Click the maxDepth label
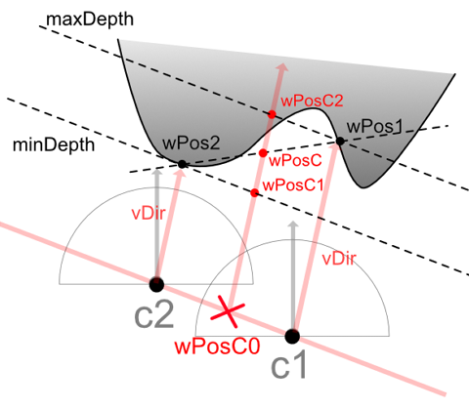click(x=90, y=20)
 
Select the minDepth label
click(x=54, y=144)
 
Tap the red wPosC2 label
click(x=312, y=101)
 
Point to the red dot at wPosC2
click(x=272, y=114)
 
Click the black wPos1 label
click(x=375, y=126)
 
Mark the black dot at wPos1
click(x=340, y=142)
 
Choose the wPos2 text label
click(x=192, y=143)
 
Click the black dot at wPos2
click(x=182, y=164)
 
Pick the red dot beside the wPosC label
click(x=263, y=153)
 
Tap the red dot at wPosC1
click(x=255, y=193)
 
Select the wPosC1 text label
click(x=293, y=185)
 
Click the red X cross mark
click(x=228, y=311)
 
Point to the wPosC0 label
click(x=217, y=347)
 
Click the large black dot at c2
click(x=156, y=284)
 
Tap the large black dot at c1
click(x=292, y=336)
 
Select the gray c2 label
click(x=154, y=315)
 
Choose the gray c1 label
click(x=289, y=365)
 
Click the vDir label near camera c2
click(x=149, y=214)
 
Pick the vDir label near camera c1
click(x=339, y=260)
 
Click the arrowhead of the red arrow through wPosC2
click(x=282, y=67)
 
